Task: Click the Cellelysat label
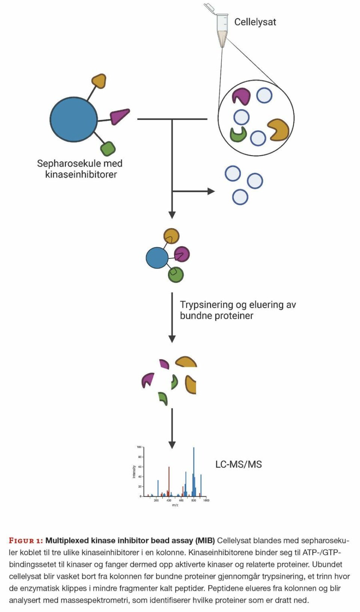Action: (x=255, y=22)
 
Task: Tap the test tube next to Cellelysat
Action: (x=222, y=28)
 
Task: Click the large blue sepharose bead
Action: (x=73, y=119)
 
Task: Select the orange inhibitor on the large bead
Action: (x=99, y=81)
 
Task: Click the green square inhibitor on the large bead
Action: (x=108, y=148)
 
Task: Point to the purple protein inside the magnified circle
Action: (x=241, y=96)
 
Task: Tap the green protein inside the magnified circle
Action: (x=238, y=134)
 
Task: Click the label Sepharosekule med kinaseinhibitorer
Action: (x=80, y=169)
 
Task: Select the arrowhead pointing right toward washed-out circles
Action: (x=211, y=191)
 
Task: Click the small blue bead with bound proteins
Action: (x=157, y=258)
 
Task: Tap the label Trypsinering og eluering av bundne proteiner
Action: (x=237, y=310)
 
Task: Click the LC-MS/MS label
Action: (x=238, y=464)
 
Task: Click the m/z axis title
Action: (x=175, y=505)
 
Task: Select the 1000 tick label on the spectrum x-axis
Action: (x=206, y=500)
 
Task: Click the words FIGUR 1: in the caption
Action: (x=26, y=541)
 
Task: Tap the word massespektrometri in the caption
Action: (x=95, y=600)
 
